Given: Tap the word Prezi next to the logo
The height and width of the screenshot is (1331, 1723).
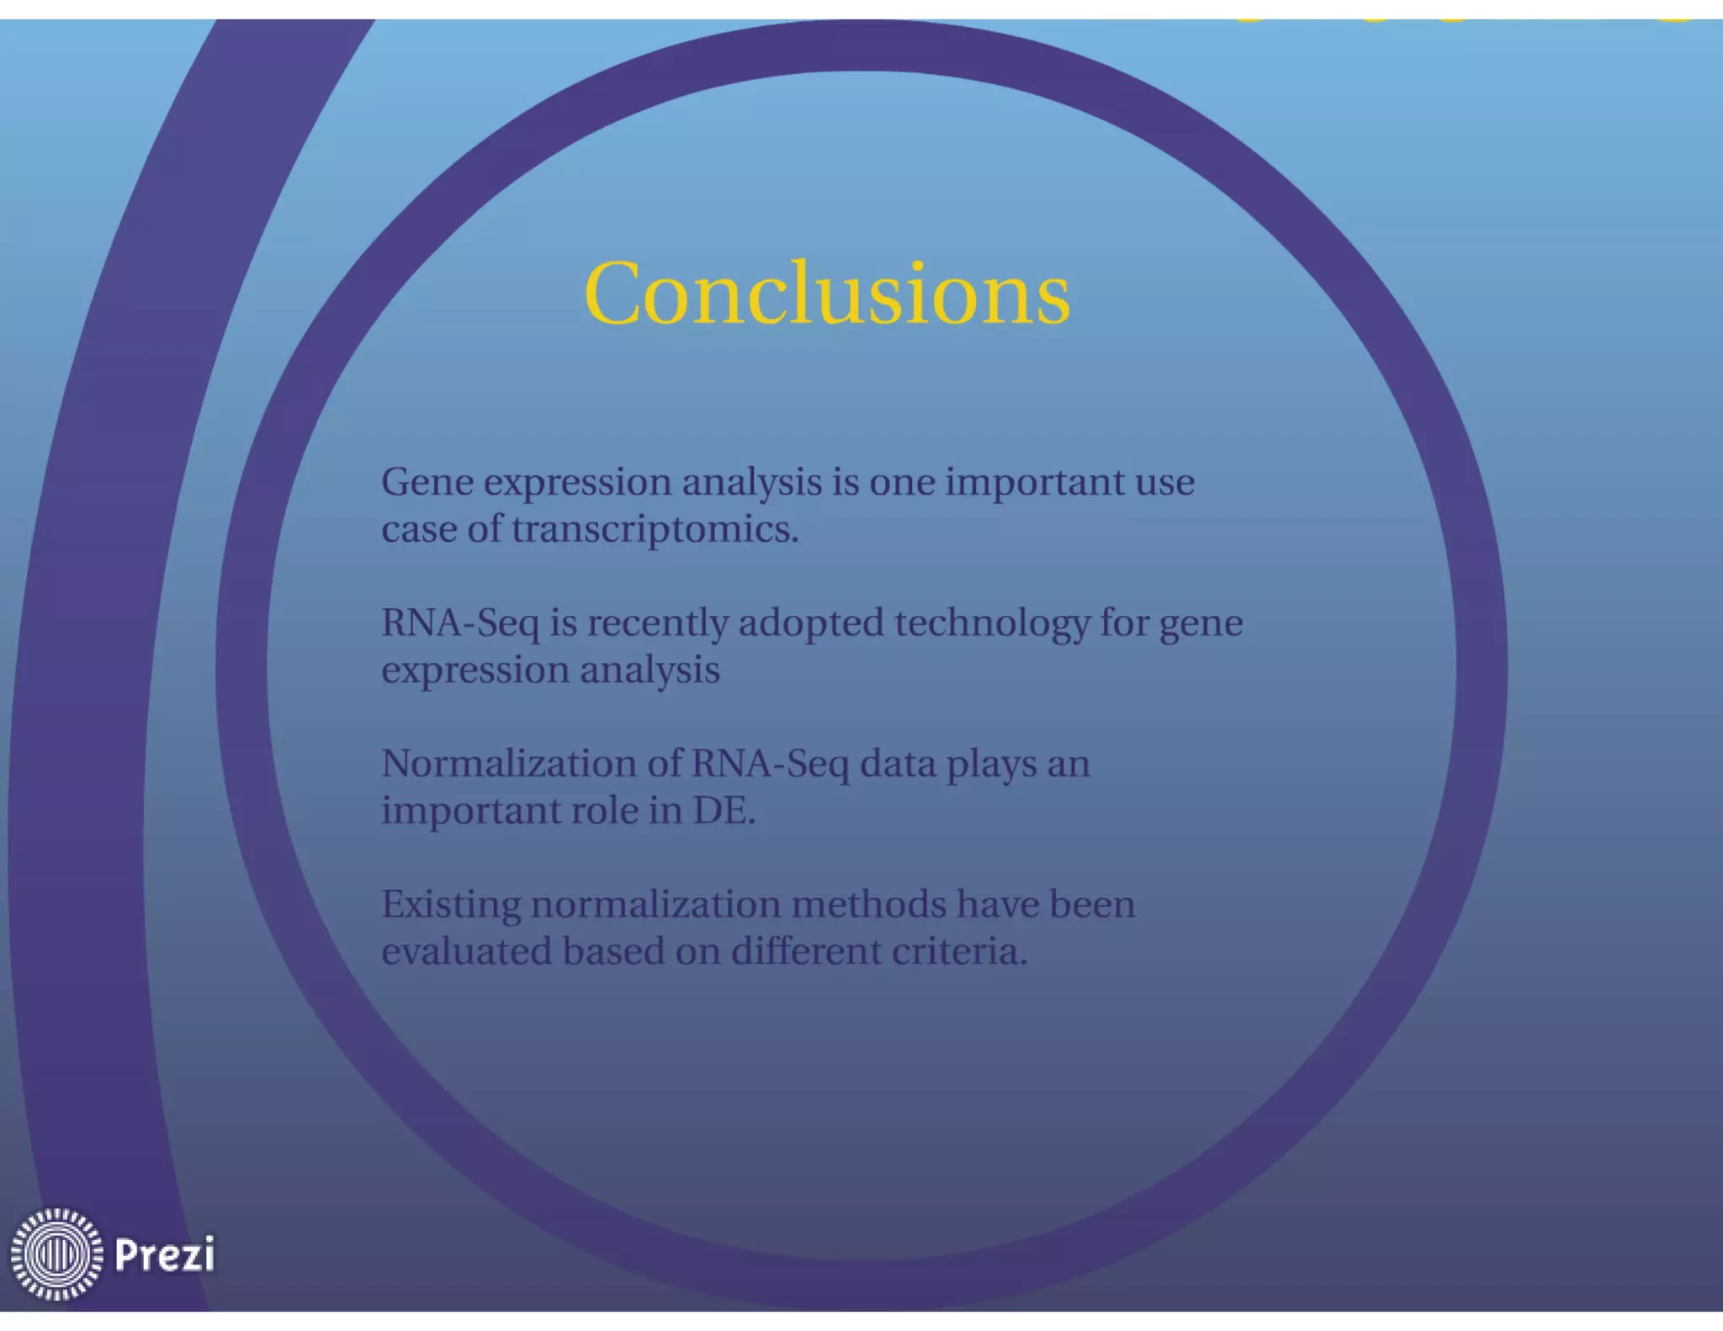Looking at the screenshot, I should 164,1254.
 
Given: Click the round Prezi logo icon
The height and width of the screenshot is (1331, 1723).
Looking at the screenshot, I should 56,1254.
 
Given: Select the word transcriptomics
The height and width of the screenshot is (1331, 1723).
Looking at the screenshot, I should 654,530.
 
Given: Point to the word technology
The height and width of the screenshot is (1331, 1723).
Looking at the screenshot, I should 991,624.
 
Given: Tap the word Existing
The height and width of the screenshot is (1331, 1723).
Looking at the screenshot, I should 451,904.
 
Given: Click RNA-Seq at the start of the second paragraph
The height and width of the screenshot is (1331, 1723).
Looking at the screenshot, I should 460,624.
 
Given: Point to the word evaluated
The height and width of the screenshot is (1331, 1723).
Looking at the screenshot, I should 466,952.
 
